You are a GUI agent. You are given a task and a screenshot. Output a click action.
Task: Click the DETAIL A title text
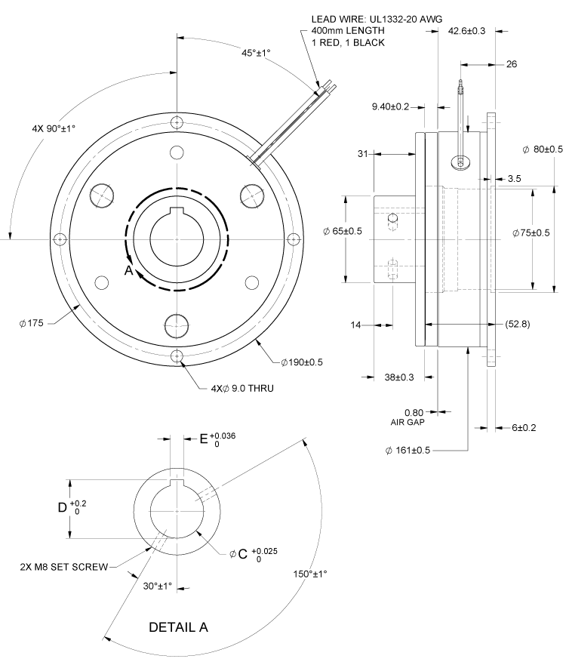[178, 627]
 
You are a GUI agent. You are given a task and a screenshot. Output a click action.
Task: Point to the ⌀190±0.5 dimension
[302, 362]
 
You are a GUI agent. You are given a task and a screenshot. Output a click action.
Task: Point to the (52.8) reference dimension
[520, 324]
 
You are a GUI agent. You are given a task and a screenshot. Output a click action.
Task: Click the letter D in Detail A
[63, 508]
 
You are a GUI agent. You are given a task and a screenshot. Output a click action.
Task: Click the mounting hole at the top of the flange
[177, 123]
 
